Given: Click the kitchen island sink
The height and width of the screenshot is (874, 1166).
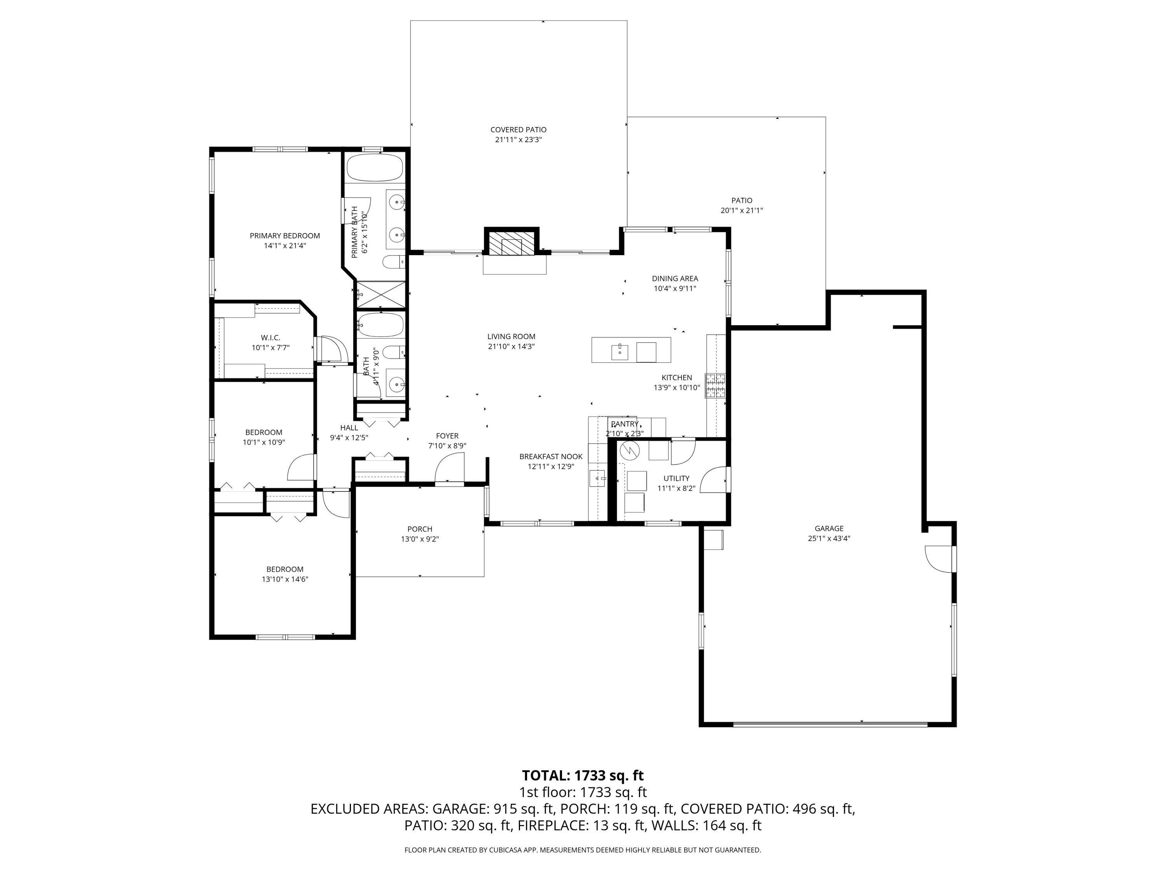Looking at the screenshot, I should (x=620, y=352).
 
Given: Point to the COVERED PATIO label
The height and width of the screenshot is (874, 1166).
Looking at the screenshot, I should (x=518, y=130).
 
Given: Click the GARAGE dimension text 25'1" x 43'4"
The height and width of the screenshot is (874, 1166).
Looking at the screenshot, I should (x=829, y=538).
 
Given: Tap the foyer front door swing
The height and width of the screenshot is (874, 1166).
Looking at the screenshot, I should (x=449, y=470).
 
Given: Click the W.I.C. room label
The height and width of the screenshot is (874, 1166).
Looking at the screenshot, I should (x=271, y=338).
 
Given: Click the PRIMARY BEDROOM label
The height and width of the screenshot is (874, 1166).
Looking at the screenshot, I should (x=285, y=235).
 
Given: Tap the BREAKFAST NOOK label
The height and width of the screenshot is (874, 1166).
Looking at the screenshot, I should (x=551, y=457).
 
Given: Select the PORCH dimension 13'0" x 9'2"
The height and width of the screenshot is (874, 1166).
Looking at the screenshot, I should (x=420, y=539).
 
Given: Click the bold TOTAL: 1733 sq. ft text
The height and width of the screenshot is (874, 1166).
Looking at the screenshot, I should (x=583, y=775).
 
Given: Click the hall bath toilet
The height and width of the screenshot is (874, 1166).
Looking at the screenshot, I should (x=393, y=352).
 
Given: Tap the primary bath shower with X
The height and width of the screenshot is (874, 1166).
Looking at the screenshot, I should (x=381, y=294).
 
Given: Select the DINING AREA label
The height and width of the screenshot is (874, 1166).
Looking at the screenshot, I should (x=675, y=279).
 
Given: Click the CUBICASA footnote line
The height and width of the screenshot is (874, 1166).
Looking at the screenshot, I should (x=583, y=850).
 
